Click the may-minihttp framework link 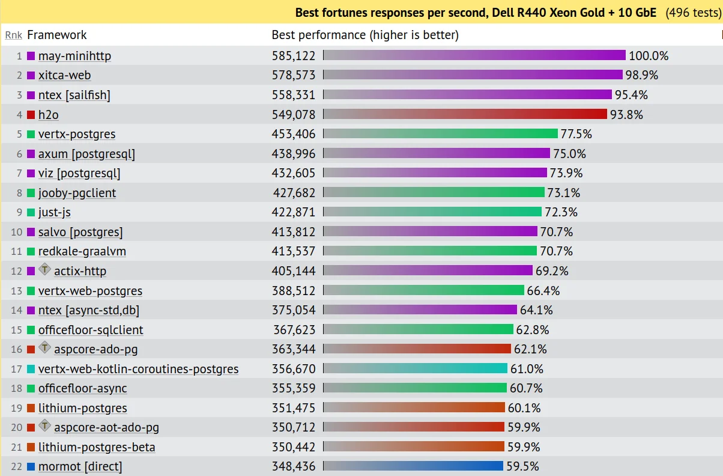(74, 56)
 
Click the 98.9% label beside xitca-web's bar (641, 75)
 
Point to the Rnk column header (13, 35)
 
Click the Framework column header (57, 35)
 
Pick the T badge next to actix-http (45, 270)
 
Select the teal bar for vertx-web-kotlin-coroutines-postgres (415, 368)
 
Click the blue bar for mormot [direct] (413, 466)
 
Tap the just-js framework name (55, 212)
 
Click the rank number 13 (16, 291)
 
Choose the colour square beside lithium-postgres (31, 408)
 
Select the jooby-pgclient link (77, 193)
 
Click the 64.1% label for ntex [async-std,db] (536, 310)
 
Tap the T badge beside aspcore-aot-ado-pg (45, 426)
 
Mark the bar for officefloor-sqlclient (418, 329)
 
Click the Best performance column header (365, 35)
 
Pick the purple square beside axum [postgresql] (31, 154)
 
